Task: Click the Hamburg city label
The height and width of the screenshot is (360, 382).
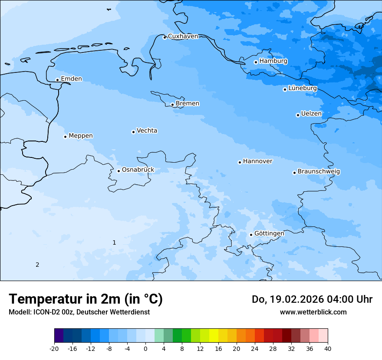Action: [x=273, y=61]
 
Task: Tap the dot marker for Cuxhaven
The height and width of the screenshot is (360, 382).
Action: [x=165, y=37]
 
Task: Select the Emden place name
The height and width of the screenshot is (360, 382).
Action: [x=71, y=79]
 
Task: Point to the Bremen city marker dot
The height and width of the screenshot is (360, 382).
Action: [x=172, y=105]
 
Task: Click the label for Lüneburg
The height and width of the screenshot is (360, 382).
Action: [x=302, y=88]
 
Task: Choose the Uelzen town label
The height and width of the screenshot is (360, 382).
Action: [x=311, y=114]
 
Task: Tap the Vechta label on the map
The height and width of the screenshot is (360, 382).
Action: [x=147, y=131]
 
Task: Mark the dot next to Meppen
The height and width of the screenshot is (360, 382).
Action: [x=65, y=137]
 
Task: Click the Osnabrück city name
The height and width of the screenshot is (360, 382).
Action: [x=138, y=170]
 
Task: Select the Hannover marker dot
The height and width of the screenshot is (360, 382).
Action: [x=240, y=163]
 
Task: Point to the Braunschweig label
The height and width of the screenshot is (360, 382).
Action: [x=319, y=171]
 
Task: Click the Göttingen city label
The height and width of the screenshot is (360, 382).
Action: [x=269, y=233]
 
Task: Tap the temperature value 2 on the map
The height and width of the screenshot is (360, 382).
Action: [x=37, y=265]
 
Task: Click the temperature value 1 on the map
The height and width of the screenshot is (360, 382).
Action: [x=114, y=242]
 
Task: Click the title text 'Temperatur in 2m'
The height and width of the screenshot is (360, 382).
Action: [x=86, y=299]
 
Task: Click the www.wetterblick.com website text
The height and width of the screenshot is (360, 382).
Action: [x=313, y=312]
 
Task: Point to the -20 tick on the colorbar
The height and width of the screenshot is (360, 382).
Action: [x=54, y=348]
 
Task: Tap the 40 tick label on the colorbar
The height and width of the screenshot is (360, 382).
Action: [x=328, y=348]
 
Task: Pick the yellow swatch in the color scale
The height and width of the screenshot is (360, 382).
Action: [x=214, y=336]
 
